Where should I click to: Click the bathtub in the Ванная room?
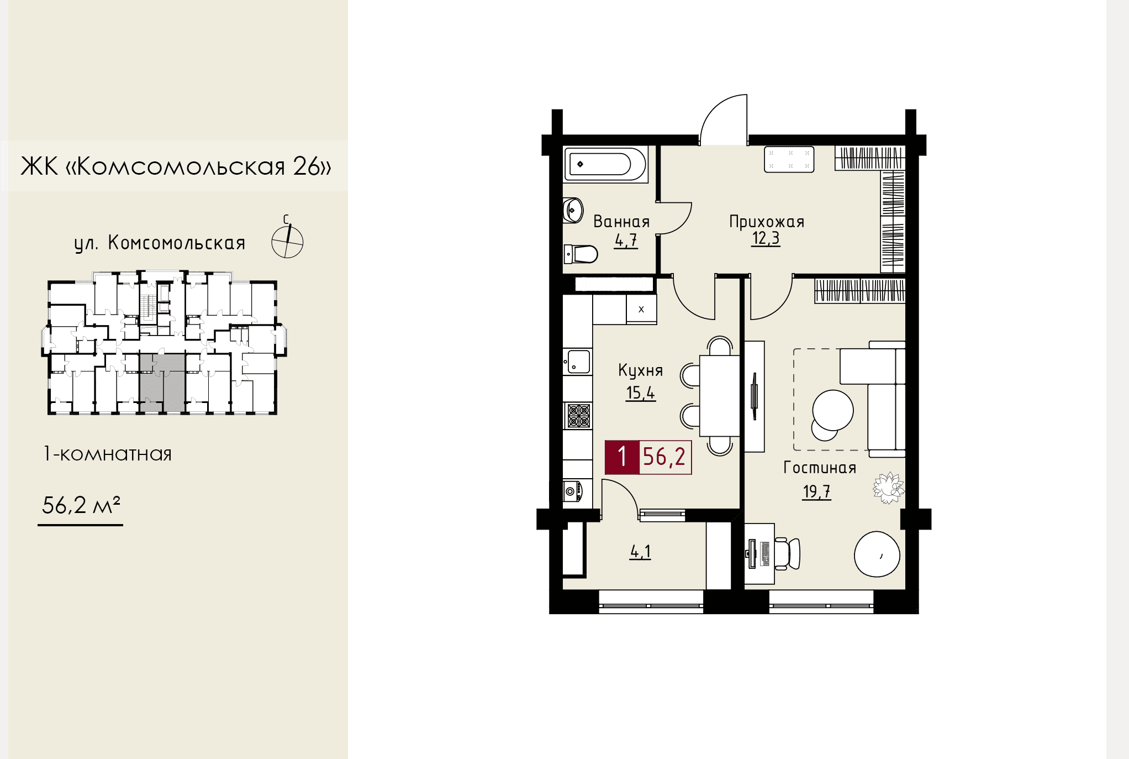(x=605, y=164)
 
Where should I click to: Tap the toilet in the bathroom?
(x=581, y=254)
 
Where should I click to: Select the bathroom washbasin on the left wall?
(x=573, y=210)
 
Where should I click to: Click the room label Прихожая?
(x=767, y=222)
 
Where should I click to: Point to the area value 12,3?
(x=766, y=238)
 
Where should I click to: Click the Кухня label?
(x=640, y=371)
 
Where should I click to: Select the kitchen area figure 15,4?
(x=641, y=393)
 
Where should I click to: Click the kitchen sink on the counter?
(x=578, y=362)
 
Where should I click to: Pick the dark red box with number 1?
(x=622, y=457)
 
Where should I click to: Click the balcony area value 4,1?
(x=641, y=552)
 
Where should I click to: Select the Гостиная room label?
(x=820, y=468)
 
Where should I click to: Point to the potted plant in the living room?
(x=888, y=488)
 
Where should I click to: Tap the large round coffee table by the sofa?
(x=833, y=411)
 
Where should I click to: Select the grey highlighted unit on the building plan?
(x=162, y=382)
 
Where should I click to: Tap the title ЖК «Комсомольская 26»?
(x=176, y=166)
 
